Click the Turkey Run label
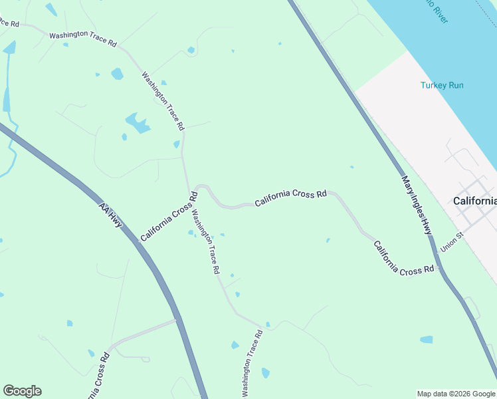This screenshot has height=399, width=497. pyautogui.click(x=442, y=85)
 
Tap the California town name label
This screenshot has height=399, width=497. pyautogui.click(x=474, y=201)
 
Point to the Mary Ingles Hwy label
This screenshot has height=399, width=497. pyautogui.click(x=417, y=205)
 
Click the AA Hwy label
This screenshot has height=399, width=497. pyautogui.click(x=110, y=215)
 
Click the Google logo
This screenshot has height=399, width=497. pyautogui.click(x=22, y=391)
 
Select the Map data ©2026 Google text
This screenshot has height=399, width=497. pyautogui.click(x=456, y=394)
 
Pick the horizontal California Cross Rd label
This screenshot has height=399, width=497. pyautogui.click(x=290, y=196)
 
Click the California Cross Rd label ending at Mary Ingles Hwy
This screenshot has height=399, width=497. pyautogui.click(x=403, y=259)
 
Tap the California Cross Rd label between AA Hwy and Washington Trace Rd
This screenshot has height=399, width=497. pyautogui.click(x=169, y=216)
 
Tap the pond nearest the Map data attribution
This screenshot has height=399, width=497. pyautogui.click(x=426, y=340)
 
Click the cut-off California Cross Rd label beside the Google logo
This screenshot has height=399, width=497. pyautogui.click(x=98, y=376)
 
